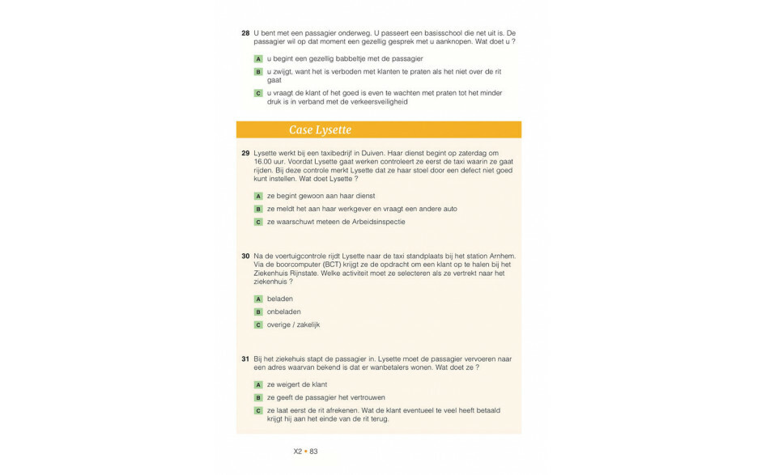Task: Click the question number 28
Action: pyautogui.click(x=245, y=33)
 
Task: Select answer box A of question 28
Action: pyautogui.click(x=258, y=59)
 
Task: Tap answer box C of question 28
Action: pyautogui.click(x=258, y=93)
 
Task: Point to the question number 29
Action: pyautogui.click(x=245, y=153)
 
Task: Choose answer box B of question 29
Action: pyautogui.click(x=258, y=209)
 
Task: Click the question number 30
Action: pyautogui.click(x=245, y=256)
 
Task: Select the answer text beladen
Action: pyautogui.click(x=280, y=299)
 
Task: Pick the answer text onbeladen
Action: pyautogui.click(x=284, y=312)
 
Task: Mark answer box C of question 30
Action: pyautogui.click(x=258, y=324)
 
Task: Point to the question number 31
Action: pyautogui.click(x=245, y=358)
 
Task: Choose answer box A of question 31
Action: pyautogui.click(x=258, y=384)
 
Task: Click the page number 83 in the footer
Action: pyautogui.click(x=314, y=452)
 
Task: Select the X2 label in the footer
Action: pyautogui.click(x=298, y=452)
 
